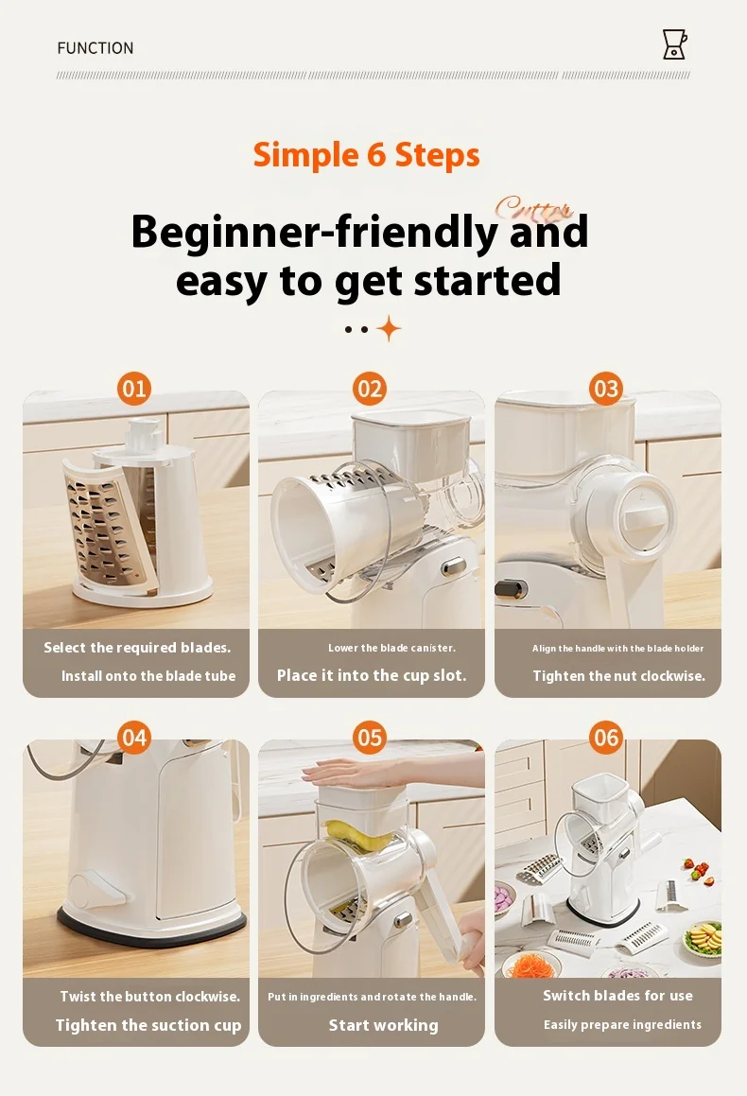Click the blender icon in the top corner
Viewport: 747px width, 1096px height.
tap(674, 44)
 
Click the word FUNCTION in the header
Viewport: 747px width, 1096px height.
tap(96, 48)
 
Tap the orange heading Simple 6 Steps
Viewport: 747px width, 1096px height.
tap(367, 154)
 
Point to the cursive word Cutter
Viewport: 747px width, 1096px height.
tap(533, 208)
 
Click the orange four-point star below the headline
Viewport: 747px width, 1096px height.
tap(388, 329)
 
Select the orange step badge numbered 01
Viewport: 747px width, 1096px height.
tap(134, 389)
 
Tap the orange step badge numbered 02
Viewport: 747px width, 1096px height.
tap(371, 389)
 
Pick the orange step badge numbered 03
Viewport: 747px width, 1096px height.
tap(606, 389)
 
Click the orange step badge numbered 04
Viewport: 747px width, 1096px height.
tap(134, 738)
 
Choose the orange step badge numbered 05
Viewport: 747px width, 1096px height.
tap(371, 738)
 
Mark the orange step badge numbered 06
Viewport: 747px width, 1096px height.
tap(606, 738)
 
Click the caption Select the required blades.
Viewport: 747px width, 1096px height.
tap(137, 648)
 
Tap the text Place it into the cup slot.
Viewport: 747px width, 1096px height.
tap(372, 675)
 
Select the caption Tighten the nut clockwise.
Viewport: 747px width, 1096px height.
tap(618, 675)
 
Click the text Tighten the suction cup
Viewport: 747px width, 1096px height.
tap(148, 1025)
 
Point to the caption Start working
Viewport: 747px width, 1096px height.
tap(383, 1025)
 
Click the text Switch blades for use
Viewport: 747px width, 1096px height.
tap(617, 996)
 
